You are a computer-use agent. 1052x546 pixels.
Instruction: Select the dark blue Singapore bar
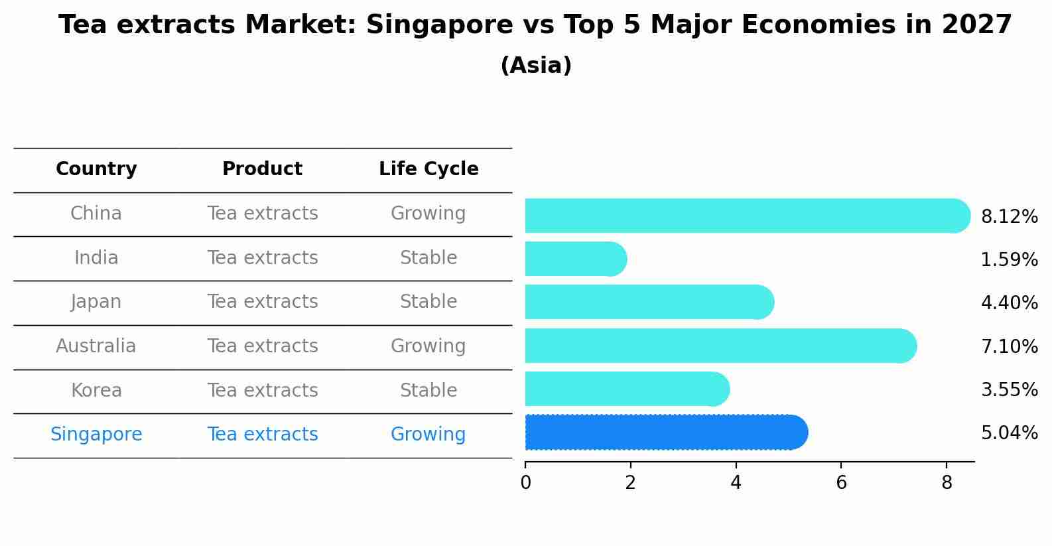(665, 433)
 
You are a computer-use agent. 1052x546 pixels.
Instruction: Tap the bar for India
(575, 259)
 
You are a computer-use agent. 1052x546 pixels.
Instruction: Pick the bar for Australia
(720, 346)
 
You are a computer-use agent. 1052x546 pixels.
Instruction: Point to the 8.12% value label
(1009, 216)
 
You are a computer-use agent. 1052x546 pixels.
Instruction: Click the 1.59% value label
(1009, 259)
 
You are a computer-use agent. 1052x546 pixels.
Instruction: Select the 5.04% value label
(1009, 433)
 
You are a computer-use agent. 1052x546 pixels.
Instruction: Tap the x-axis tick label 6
(841, 483)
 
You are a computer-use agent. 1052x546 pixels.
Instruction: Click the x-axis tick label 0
(525, 483)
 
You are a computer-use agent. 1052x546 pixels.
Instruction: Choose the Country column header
(96, 169)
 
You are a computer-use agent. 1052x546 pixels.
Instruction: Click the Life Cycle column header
(428, 169)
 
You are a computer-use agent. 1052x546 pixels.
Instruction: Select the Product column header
(262, 169)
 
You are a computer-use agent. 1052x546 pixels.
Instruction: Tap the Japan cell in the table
(96, 302)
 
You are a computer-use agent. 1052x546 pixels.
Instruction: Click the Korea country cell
(96, 390)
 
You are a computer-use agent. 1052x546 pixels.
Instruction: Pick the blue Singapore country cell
(96, 435)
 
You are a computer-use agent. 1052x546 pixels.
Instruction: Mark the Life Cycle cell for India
(428, 257)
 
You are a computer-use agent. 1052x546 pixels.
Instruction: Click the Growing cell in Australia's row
(428, 346)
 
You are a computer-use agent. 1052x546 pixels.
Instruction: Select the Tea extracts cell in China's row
(262, 214)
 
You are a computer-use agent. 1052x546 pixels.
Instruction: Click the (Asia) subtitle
(536, 66)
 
